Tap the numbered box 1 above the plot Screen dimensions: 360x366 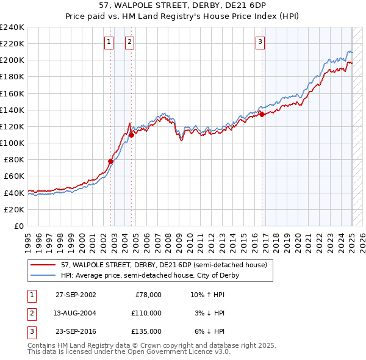pos(108,42)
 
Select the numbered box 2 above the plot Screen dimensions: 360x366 pos(130,42)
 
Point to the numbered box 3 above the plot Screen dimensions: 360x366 pos(260,42)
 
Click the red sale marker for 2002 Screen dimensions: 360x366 pos(111,161)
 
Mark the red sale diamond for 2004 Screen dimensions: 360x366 pos(132,135)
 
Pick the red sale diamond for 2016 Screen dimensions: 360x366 pos(262,114)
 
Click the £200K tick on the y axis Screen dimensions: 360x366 pos(12,60)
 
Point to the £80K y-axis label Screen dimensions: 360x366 pos(14,159)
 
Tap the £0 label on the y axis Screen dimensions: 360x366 pos(20,226)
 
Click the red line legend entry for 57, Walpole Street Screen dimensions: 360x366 pos(163,265)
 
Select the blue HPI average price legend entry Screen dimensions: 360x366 pos(149,276)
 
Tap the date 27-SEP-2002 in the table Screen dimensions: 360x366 pos(76,295)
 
